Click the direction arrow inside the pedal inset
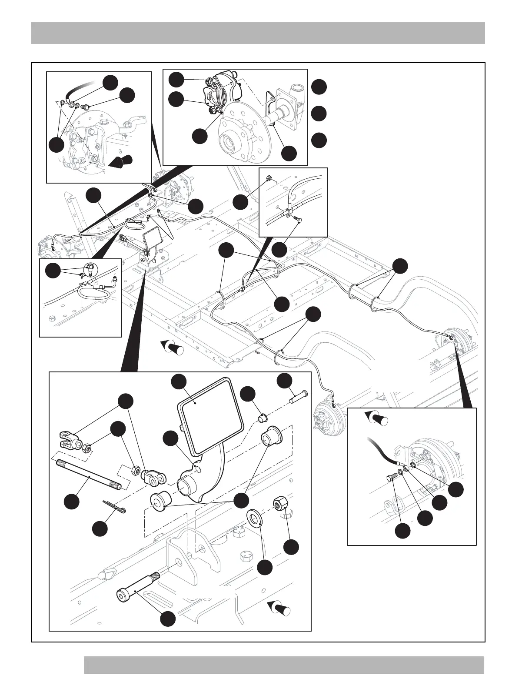pos(279,607)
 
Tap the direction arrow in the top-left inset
pos(119,161)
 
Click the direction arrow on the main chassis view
pos(173,348)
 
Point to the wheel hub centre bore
pos(229,142)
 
